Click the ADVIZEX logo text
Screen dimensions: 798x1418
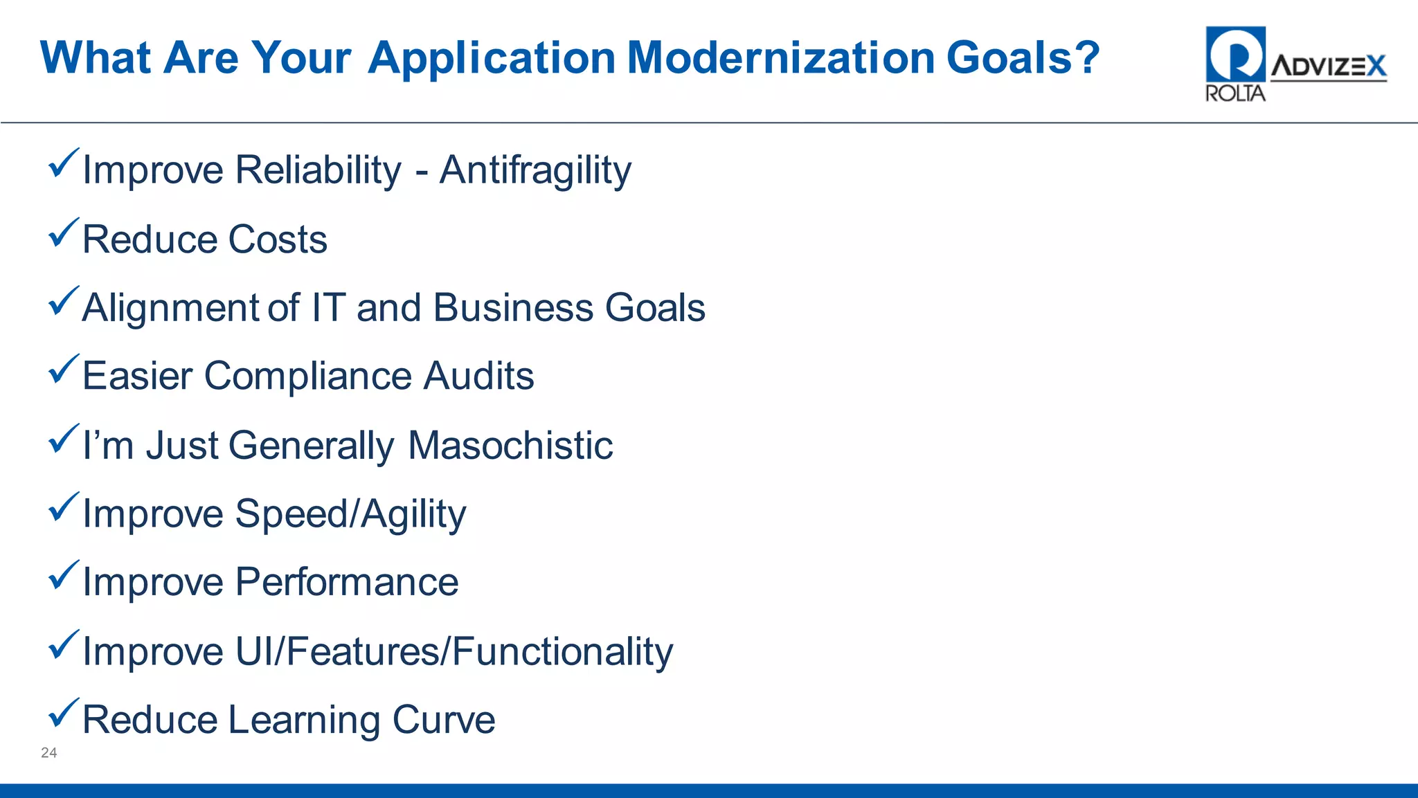click(x=1328, y=67)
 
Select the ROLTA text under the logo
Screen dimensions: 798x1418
click(x=1235, y=93)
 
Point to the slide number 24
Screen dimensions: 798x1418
click(x=48, y=753)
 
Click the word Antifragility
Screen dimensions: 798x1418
click(x=535, y=170)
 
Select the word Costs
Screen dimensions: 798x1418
click(x=277, y=239)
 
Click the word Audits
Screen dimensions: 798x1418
click(x=478, y=376)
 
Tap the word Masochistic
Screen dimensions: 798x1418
click(x=510, y=445)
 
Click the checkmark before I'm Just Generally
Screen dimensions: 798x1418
click(x=63, y=439)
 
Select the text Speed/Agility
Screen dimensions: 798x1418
click(x=350, y=514)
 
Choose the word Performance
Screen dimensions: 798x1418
click(x=347, y=582)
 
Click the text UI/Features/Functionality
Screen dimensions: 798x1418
click(x=454, y=652)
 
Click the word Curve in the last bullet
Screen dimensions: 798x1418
click(x=443, y=720)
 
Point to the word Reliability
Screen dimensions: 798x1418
click(x=318, y=170)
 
